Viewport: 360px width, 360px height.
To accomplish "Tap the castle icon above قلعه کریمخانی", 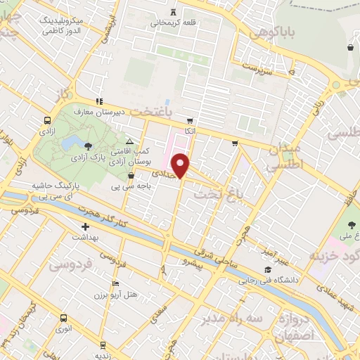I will [173, 12].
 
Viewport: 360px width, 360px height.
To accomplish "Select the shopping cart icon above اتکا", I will [189, 120].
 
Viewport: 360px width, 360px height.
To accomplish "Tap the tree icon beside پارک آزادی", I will [87, 147].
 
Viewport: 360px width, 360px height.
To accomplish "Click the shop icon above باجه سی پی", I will [131, 176].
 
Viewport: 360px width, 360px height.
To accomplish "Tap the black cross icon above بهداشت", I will [85, 226].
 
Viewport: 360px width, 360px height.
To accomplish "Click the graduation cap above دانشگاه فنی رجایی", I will [267, 270].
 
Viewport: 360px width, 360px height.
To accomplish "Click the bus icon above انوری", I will [64, 317].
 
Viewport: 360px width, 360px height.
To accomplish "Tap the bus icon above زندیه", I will [103, 345].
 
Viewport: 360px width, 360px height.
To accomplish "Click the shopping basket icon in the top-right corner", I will [350, 48].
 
